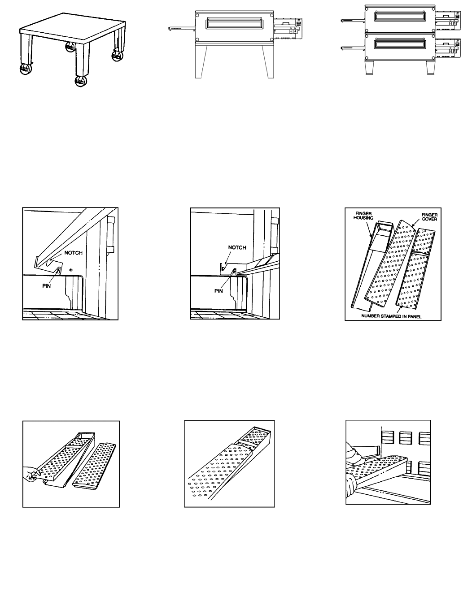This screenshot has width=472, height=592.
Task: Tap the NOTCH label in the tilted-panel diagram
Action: point(73,253)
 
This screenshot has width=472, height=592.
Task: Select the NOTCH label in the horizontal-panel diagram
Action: point(237,247)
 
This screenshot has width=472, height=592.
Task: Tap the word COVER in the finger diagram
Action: point(429,219)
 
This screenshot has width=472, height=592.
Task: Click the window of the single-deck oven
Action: point(236,24)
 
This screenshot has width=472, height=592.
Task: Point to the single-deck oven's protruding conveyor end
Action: point(179,28)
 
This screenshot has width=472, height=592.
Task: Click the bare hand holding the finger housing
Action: point(31,473)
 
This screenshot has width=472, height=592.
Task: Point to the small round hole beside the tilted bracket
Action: point(71,270)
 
